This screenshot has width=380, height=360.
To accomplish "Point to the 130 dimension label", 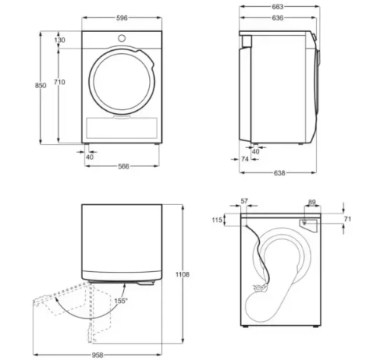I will click(60, 40).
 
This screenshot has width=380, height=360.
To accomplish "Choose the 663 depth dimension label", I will click(277, 6).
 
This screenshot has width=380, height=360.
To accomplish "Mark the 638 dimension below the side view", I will click(279, 173).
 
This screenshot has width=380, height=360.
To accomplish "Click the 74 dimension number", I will click(245, 159).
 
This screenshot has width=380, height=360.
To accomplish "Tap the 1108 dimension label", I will click(182, 273).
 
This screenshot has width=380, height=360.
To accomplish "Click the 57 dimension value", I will click(244, 201).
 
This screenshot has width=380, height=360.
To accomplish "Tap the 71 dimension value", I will click(349, 219).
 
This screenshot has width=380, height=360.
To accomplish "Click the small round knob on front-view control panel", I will click(122, 38).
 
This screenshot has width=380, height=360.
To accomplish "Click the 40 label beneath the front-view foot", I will click(90, 156).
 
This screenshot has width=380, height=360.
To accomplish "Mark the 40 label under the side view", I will click(255, 151).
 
